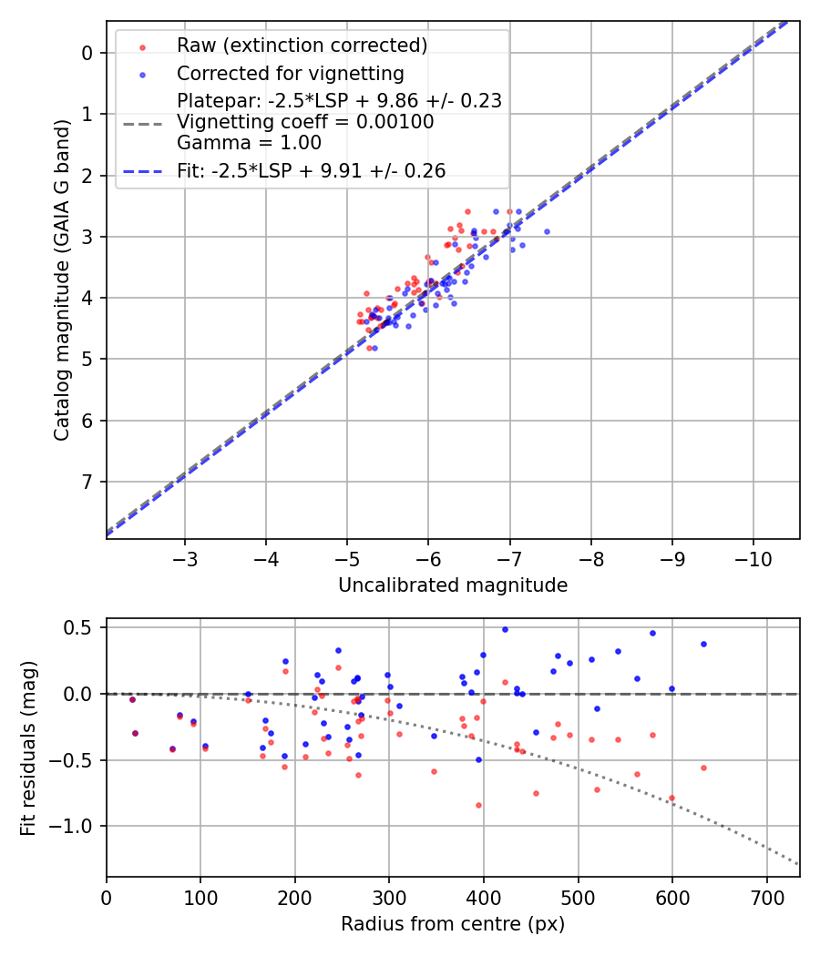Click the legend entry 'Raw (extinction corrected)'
(302, 45)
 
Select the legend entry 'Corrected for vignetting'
(290, 73)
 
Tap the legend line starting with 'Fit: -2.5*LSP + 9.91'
(311, 171)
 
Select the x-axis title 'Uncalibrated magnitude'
(453, 585)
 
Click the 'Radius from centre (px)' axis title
(453, 924)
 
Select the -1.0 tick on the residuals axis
(77, 826)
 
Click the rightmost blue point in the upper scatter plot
(547, 231)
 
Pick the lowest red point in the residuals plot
(478, 805)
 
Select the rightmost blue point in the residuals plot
(703, 644)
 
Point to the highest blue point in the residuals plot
(505, 629)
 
